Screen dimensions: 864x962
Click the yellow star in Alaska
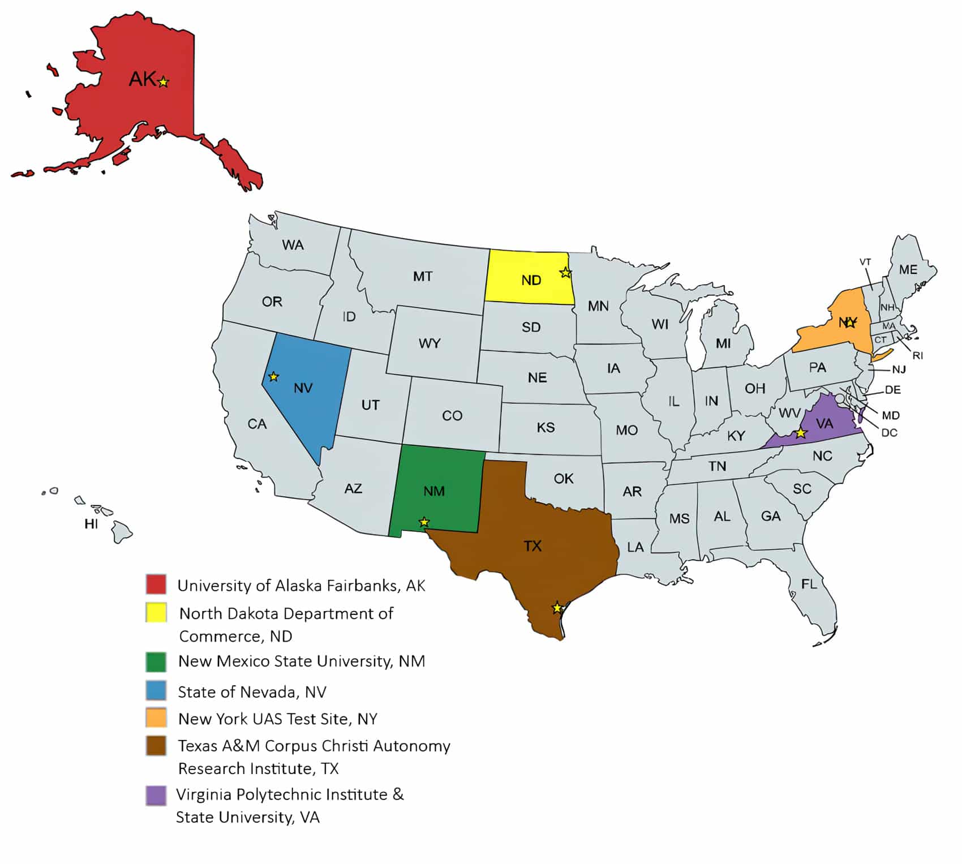tap(164, 83)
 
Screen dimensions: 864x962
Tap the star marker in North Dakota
tap(565, 273)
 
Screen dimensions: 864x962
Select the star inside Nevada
tap(273, 376)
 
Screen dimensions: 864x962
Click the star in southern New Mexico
tap(424, 522)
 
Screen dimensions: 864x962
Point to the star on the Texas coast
tap(557, 608)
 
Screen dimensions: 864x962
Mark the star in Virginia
tap(801, 433)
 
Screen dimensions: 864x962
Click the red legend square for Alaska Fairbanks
tap(156, 584)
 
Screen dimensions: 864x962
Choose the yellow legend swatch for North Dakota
tap(156, 613)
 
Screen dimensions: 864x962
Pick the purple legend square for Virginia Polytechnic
tap(156, 796)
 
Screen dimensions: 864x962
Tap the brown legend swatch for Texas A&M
tap(156, 746)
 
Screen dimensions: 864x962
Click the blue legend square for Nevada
tap(156, 691)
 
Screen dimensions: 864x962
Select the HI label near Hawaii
tap(91, 525)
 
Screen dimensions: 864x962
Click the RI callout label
tap(918, 355)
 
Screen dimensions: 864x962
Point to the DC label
tap(889, 433)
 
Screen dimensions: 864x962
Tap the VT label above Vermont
tap(865, 262)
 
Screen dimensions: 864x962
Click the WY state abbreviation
tap(430, 343)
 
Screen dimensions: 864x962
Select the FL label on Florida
tap(809, 584)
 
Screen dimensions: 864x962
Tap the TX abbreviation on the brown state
tap(532, 546)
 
